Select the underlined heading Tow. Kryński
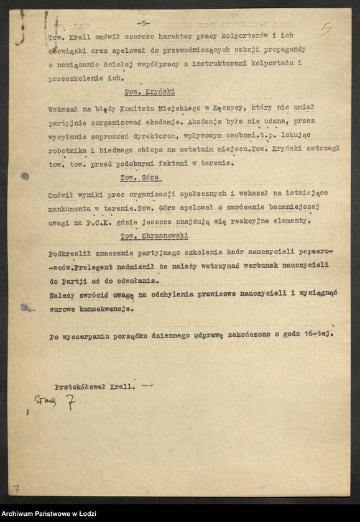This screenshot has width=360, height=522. click(142, 91)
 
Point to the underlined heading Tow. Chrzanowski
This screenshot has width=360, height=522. click(155, 236)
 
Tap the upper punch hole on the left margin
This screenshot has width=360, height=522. click(24, 176)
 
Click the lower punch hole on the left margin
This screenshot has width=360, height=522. click(24, 307)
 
